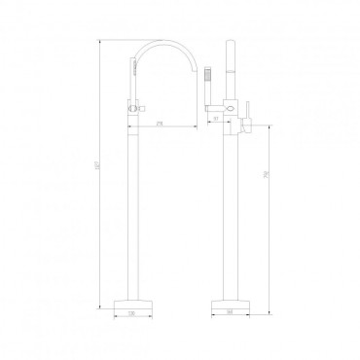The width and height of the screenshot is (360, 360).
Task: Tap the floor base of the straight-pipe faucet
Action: click(231, 302)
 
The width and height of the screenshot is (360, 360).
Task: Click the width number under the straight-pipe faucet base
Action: click(231, 315)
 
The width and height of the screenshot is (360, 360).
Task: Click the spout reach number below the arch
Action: click(158, 121)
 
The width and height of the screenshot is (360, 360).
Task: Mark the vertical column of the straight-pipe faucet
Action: click(231, 214)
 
